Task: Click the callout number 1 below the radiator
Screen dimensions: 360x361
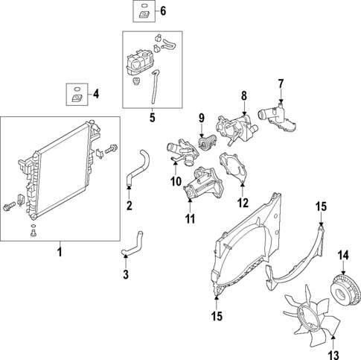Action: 60,254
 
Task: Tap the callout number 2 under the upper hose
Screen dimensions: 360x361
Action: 129,206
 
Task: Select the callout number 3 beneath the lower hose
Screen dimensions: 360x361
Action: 126,275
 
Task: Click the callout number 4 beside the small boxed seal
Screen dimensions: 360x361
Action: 95,94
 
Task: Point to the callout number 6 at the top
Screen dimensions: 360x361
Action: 164,10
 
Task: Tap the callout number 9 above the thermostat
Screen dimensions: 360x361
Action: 200,116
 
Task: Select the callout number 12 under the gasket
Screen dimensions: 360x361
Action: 243,202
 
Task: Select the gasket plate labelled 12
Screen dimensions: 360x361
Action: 232,168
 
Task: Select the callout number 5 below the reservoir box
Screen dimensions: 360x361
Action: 152,116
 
